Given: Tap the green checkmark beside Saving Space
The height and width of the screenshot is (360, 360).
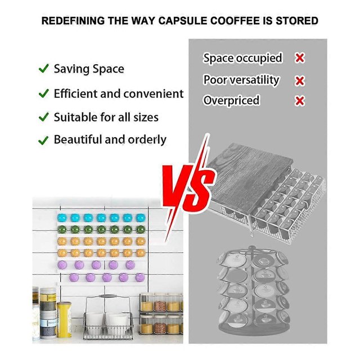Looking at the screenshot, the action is tap(44, 69).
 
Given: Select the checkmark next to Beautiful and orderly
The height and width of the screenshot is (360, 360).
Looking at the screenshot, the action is tap(43, 140).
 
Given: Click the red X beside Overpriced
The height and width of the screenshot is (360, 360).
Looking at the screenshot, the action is tap(300, 101).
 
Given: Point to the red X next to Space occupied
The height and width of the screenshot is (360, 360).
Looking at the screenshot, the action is tap(300, 58).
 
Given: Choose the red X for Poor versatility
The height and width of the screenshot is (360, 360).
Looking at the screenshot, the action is tap(300, 80).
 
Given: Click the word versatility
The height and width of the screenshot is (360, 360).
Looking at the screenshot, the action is tap(254, 80).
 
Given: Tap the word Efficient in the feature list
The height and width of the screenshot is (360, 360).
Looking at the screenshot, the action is tap(75, 94).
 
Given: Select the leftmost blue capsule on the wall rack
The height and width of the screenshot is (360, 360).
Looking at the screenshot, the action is tap(62, 218).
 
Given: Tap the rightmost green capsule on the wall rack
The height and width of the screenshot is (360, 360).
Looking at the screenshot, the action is tap(141, 229).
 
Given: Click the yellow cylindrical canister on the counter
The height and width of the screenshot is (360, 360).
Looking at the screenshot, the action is tap(64, 319).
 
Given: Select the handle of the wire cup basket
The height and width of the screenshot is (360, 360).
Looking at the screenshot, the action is tap(108, 296).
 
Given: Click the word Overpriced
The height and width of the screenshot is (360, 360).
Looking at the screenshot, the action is tap(231, 101).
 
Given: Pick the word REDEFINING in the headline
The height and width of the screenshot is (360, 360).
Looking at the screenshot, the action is tap(73, 20).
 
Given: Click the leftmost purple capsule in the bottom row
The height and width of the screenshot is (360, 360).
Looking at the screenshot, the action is tap(74, 277).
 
